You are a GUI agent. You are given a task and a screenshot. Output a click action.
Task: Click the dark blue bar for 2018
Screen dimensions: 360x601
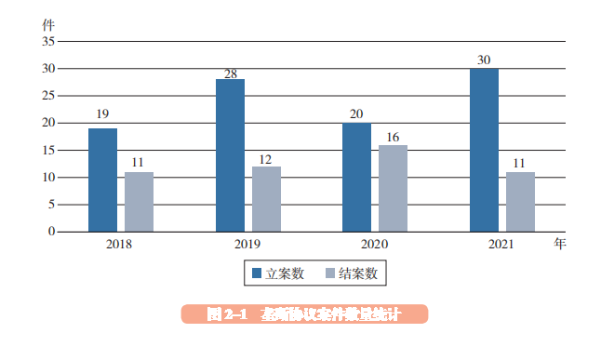(102, 180)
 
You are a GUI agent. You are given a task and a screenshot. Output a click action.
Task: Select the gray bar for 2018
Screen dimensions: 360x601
(139, 202)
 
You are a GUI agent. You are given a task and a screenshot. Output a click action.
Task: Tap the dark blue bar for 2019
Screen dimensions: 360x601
(230, 155)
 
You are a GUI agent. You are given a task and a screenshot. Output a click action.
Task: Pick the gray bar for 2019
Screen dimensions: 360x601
(266, 199)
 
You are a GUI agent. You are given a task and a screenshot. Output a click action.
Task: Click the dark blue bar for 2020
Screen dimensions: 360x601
(356, 177)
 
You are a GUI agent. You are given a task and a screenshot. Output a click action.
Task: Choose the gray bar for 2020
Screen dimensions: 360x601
(393, 188)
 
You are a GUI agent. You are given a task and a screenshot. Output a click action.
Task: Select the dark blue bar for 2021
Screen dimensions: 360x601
(484, 150)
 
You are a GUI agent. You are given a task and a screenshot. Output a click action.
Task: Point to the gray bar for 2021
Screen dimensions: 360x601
(520, 202)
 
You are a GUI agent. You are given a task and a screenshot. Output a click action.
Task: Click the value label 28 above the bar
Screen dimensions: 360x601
(230, 73)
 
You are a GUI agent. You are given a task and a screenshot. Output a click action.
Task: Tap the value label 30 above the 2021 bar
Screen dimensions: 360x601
(484, 60)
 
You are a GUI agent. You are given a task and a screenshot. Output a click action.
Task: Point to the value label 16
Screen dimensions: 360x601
(393, 137)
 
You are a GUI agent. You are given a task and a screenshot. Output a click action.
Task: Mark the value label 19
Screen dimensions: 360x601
(102, 115)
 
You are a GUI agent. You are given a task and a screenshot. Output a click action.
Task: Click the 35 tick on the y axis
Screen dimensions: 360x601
(48, 42)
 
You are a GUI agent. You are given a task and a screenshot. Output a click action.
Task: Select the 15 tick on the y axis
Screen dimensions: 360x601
(48, 150)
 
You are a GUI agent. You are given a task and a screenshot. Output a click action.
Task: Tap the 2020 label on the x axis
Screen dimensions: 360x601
(375, 244)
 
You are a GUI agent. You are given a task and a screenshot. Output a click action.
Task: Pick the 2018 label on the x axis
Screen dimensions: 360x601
(119, 244)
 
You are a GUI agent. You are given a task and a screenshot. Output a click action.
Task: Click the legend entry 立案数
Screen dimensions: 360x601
(278, 273)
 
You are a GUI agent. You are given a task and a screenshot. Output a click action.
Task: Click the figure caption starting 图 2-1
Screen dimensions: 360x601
(303, 314)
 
